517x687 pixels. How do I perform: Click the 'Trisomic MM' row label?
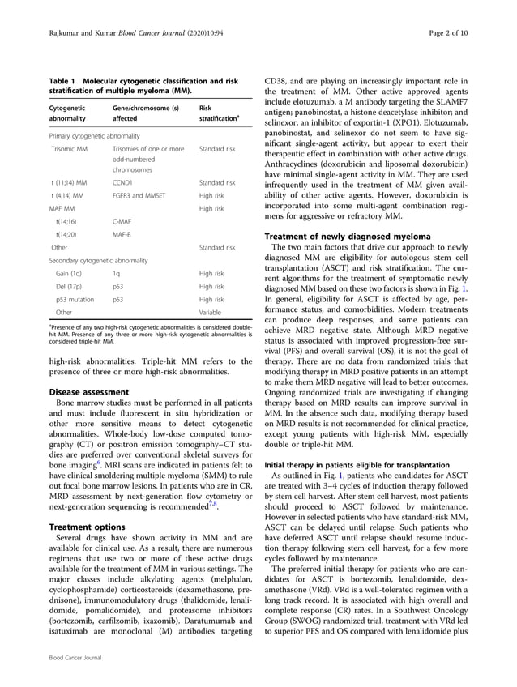point(70,150)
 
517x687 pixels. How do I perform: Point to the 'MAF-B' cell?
point(123,233)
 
